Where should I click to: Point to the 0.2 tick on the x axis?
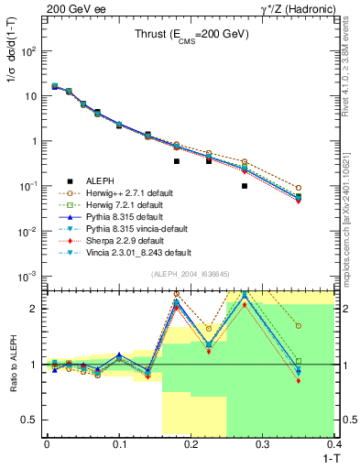point(191,444)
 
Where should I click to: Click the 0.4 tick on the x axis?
point(334,444)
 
